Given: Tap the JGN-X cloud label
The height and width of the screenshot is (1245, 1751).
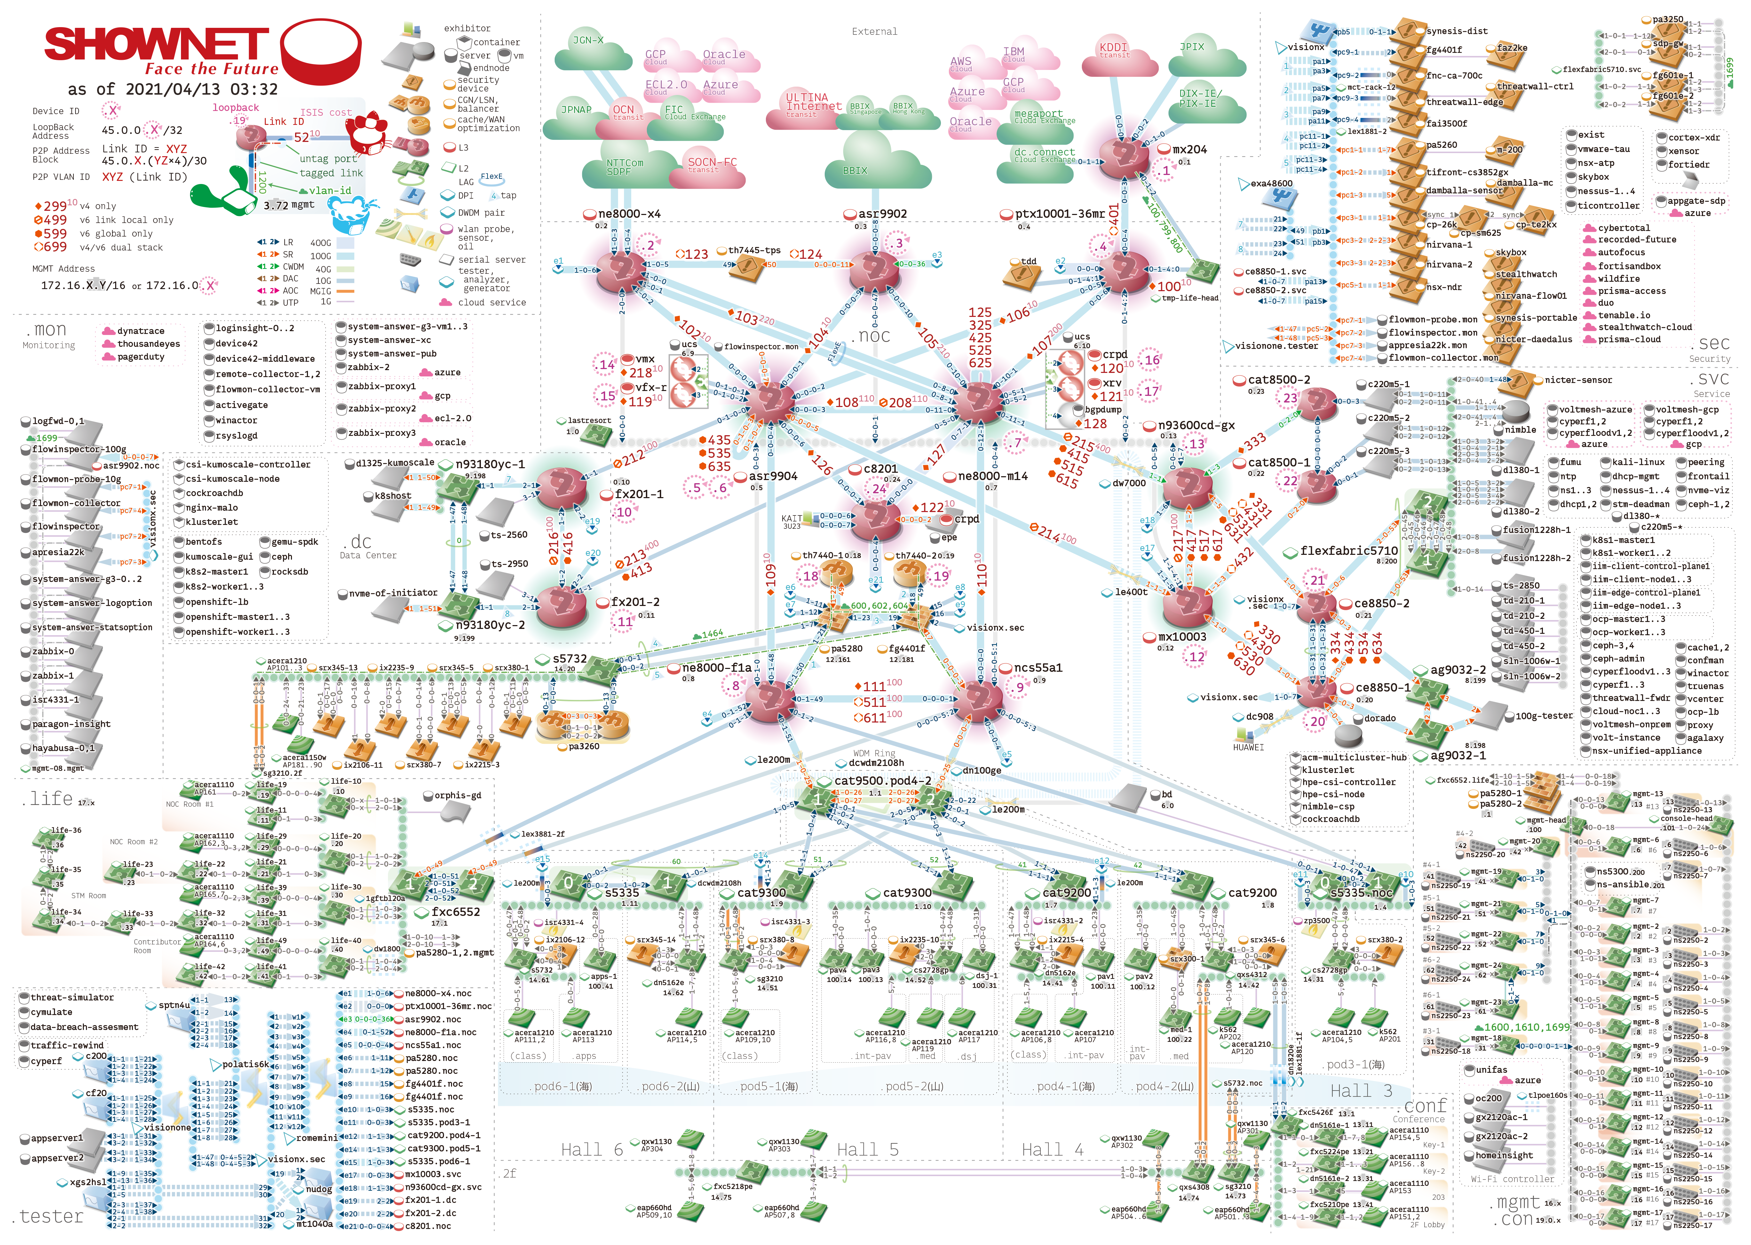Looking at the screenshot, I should tap(588, 40).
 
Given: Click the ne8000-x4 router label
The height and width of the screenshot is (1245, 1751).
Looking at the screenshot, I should tap(629, 214).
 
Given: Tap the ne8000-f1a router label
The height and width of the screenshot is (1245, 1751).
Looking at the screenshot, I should tap(717, 668).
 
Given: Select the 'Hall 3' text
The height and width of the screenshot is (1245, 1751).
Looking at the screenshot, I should tap(1361, 1090).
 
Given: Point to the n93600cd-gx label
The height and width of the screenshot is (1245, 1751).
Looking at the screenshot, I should tap(1196, 425).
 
